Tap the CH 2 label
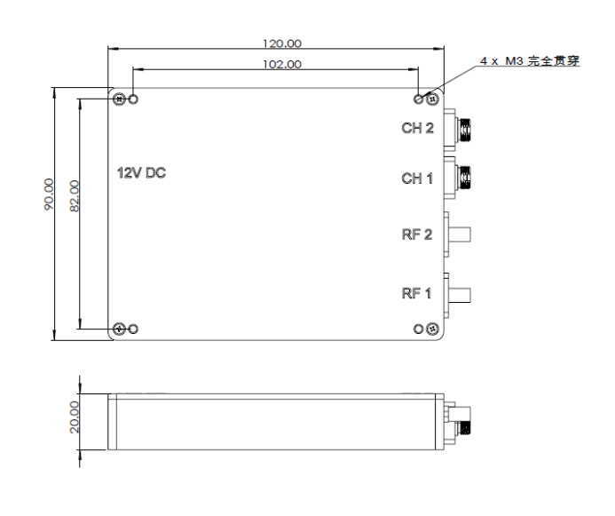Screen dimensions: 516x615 (x=417, y=129)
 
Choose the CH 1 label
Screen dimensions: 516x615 (x=417, y=179)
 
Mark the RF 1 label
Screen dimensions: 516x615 (x=417, y=295)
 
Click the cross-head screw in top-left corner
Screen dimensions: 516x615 (x=119, y=99)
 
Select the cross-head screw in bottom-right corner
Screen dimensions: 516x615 (x=433, y=329)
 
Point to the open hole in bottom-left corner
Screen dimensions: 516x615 (x=134, y=329)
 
